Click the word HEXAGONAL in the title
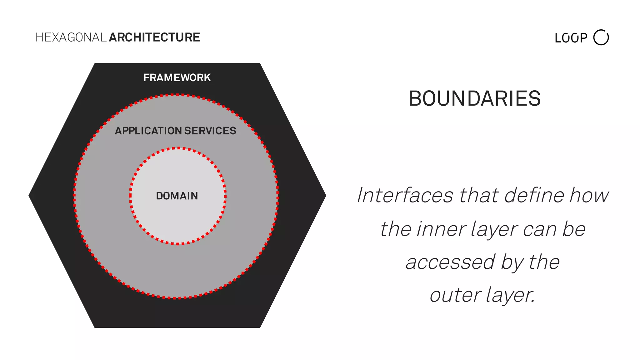[x=71, y=37]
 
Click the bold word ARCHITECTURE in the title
[x=154, y=37]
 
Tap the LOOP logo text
[x=571, y=38]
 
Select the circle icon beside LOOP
[x=601, y=37]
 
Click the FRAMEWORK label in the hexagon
[x=177, y=77]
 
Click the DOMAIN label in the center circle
[x=177, y=196]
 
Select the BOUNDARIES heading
[x=474, y=99]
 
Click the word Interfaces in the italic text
[x=405, y=195]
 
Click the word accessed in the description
[x=450, y=262]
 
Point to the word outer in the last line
[x=455, y=295]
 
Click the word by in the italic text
[x=512, y=263]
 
